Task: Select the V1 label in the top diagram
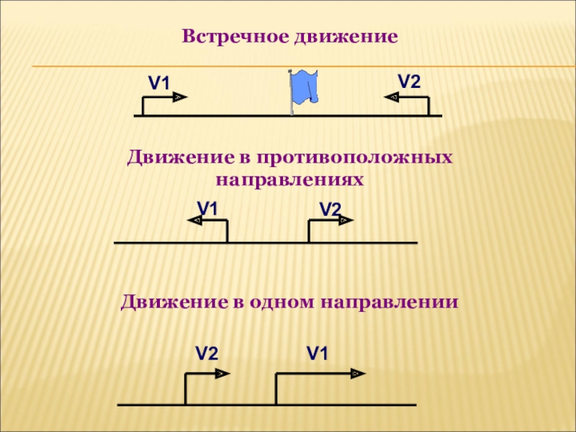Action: pyautogui.click(x=159, y=84)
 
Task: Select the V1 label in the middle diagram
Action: pyautogui.click(x=207, y=209)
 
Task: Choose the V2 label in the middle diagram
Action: pyautogui.click(x=330, y=210)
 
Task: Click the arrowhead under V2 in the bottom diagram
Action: pyautogui.click(x=220, y=373)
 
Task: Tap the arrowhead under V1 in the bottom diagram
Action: pyautogui.click(x=356, y=373)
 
